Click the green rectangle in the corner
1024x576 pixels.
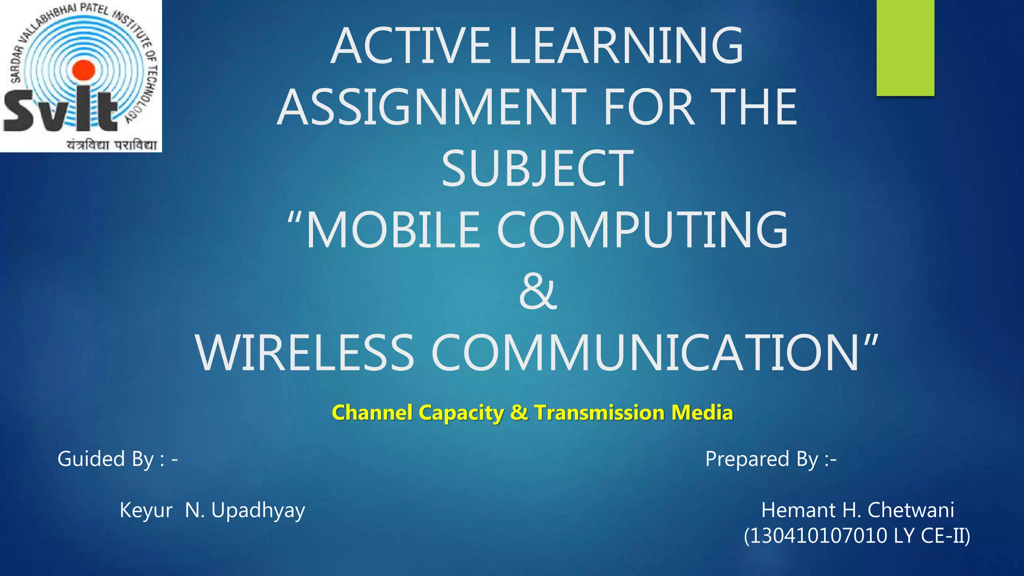point(905,47)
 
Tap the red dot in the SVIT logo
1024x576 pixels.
point(84,70)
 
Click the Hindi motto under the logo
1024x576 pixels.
point(112,144)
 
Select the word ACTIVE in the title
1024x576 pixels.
point(411,46)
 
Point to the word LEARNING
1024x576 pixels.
point(625,46)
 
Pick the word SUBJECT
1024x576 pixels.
point(537,168)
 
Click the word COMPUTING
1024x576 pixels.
point(642,230)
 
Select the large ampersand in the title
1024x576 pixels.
point(537,291)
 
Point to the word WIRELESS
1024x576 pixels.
point(305,352)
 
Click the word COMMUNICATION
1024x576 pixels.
point(645,352)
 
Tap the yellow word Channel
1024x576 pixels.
point(373,413)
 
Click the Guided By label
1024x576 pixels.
point(117,458)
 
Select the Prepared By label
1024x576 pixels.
point(770,458)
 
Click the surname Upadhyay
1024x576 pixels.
point(258,510)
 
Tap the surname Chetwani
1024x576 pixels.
point(910,510)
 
